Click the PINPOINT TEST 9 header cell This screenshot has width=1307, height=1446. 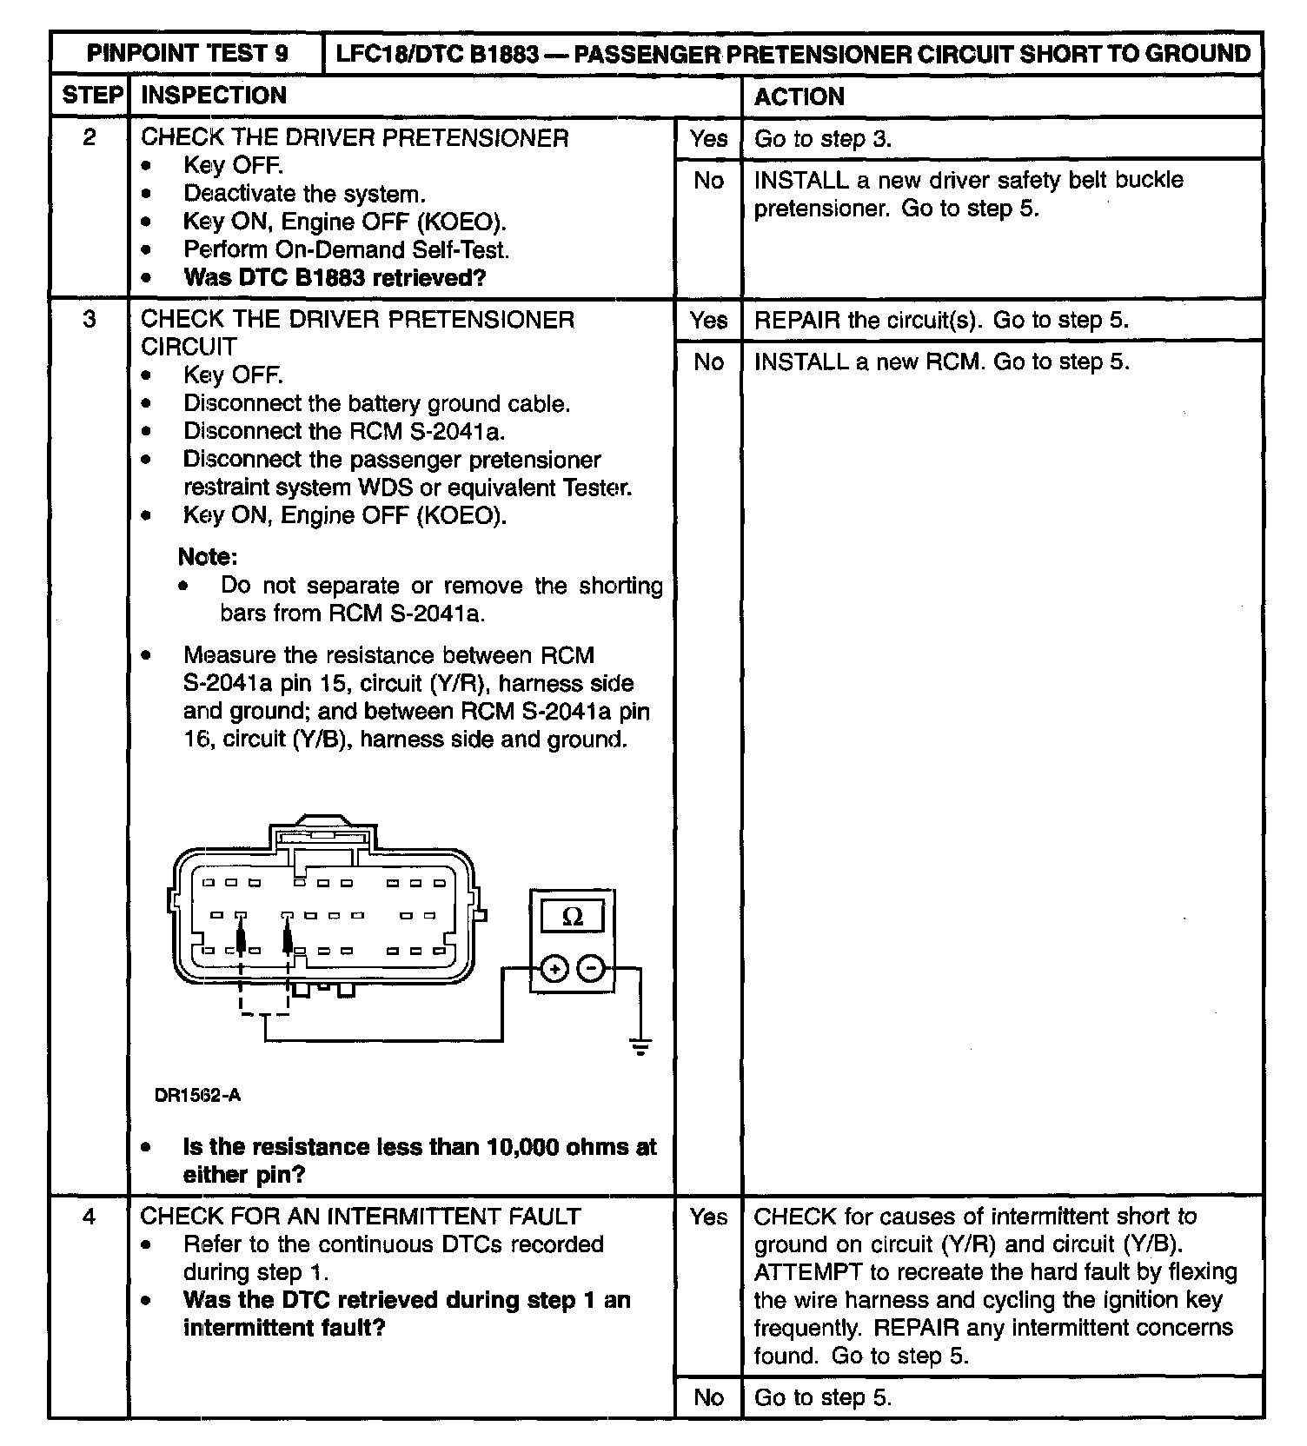(x=186, y=53)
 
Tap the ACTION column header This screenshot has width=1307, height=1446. (x=799, y=96)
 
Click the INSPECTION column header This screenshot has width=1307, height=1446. (x=214, y=96)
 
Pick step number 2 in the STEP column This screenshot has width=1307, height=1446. (x=90, y=137)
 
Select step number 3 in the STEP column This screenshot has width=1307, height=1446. (x=90, y=319)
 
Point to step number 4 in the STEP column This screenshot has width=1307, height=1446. (x=90, y=1216)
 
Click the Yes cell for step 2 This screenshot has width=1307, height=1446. (x=708, y=138)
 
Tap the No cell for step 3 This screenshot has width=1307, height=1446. (x=708, y=361)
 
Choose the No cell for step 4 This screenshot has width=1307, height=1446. (x=708, y=1396)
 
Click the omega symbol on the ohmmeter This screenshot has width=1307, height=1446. (x=573, y=917)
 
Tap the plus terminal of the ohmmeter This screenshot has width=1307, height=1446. (x=554, y=968)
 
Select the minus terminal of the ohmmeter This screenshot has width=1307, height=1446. (x=591, y=968)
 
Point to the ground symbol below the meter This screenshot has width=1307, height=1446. (x=640, y=1046)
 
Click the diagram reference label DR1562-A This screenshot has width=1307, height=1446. (x=197, y=1095)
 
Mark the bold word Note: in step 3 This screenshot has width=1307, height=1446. (x=208, y=556)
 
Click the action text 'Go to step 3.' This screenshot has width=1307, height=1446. (x=823, y=139)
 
